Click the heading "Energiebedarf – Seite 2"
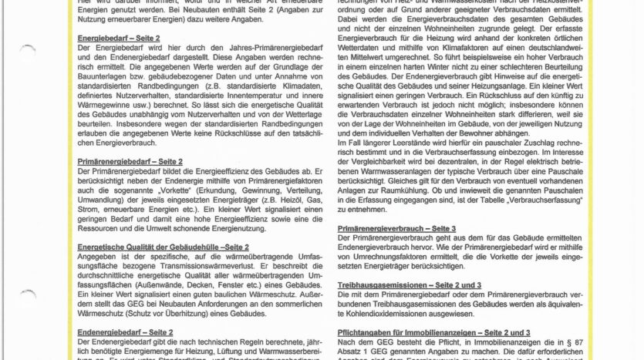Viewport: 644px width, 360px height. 120,37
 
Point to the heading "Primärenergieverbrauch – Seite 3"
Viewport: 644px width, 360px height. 396,229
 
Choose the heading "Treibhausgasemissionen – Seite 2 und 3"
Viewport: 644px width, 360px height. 410,285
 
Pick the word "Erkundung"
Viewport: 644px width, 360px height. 237,189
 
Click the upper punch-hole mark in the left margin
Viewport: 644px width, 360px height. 28,51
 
